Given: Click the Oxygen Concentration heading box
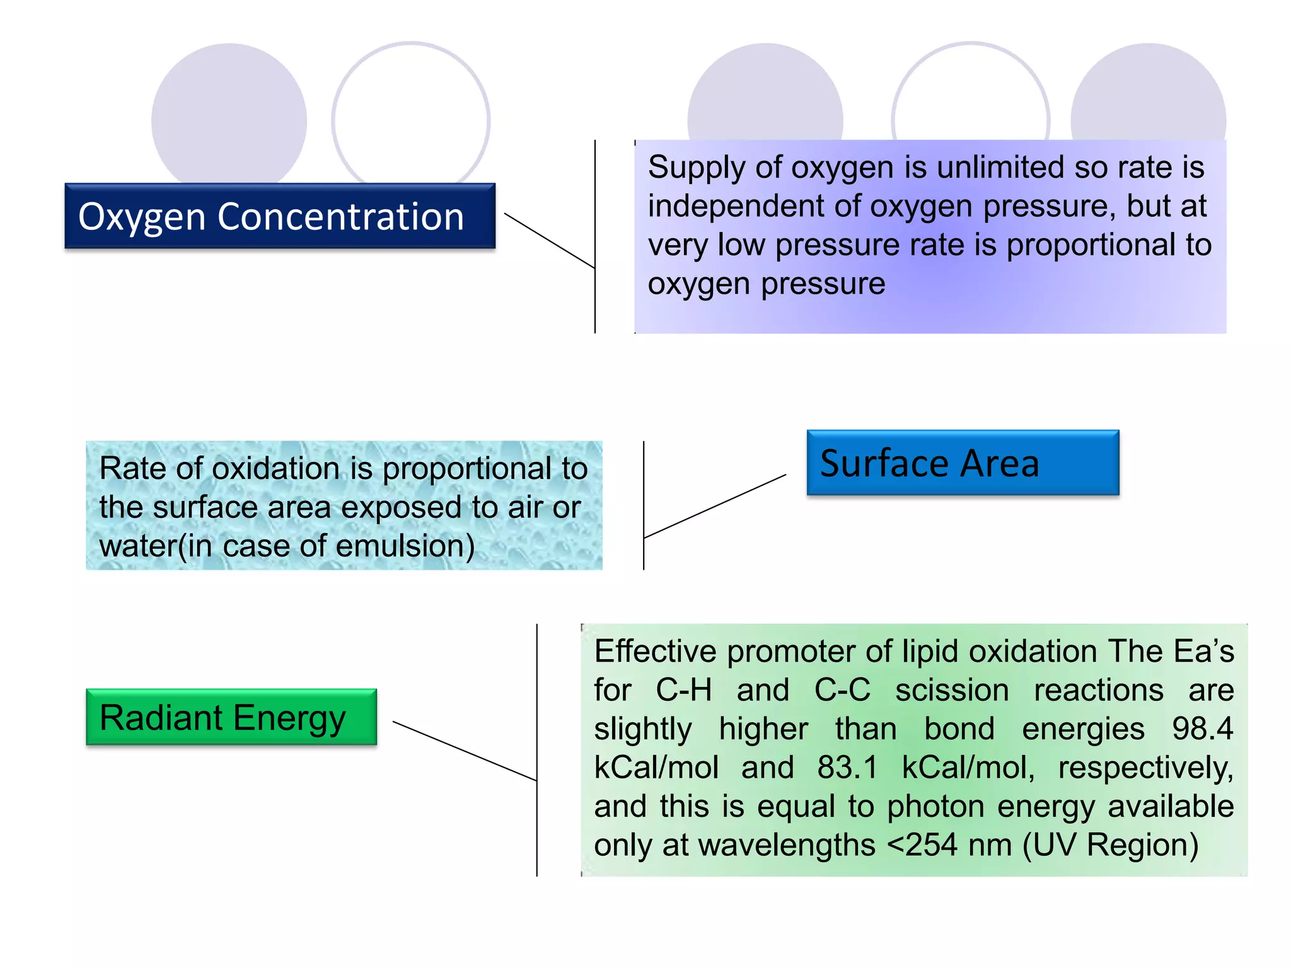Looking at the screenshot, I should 279,216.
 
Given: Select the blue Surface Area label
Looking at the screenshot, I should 962,463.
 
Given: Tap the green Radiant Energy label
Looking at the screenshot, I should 231,717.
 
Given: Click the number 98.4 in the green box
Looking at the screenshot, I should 1201,729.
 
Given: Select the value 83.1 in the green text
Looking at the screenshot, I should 847,768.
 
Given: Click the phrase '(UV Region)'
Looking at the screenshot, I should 1110,845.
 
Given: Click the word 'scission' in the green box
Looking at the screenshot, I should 952,690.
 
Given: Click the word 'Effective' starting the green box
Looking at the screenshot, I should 655,652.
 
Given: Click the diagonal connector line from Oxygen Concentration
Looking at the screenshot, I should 549,241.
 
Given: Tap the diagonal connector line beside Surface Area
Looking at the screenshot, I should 715,506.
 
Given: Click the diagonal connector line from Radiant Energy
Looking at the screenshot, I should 465,751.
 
